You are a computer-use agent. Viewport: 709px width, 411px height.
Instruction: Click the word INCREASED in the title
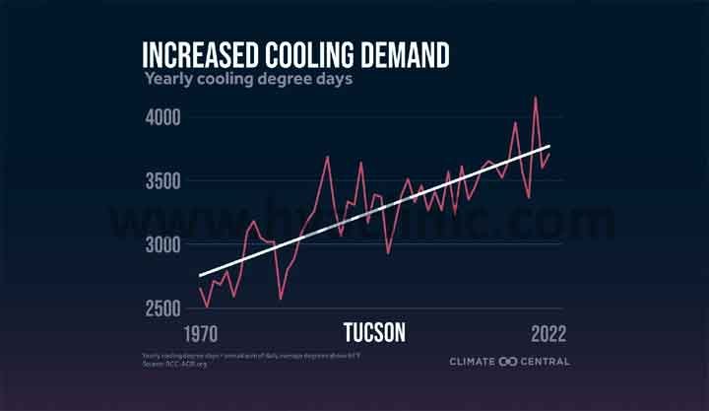200,54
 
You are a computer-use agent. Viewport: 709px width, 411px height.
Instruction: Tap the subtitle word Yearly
168,79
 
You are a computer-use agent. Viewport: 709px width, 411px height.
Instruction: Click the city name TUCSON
374,331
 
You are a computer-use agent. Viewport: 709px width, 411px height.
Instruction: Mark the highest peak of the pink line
535,98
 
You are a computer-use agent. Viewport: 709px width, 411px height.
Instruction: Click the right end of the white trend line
549,146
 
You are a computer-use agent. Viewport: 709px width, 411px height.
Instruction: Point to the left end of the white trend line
200,276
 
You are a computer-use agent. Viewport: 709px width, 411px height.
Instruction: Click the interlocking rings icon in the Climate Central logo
508,362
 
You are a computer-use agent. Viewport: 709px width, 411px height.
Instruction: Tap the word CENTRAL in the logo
546,362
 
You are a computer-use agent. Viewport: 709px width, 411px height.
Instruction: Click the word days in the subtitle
331,79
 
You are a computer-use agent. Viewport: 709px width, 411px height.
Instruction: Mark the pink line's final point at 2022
549,155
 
